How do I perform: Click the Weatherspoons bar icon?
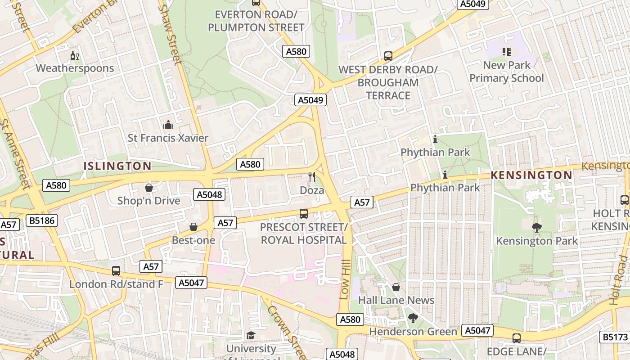[75, 56]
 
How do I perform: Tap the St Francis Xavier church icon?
[168, 125]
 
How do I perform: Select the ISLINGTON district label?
[117, 166]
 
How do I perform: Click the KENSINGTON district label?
[531, 175]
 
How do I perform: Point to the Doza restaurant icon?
[312, 177]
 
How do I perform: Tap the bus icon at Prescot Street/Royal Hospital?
[304, 214]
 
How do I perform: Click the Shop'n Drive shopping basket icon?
[149, 188]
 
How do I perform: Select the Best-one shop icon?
[193, 227]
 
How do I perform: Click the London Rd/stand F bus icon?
[116, 271]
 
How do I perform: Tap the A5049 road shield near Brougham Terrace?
[310, 100]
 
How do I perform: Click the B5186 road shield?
[41, 220]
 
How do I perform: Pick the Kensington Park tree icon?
[536, 228]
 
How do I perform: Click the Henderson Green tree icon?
[413, 319]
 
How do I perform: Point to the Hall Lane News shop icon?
[396, 287]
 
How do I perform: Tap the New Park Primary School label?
[507, 72]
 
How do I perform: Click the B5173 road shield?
[615, 337]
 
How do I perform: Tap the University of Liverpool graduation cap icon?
[251, 336]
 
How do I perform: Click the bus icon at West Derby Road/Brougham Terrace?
[388, 57]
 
